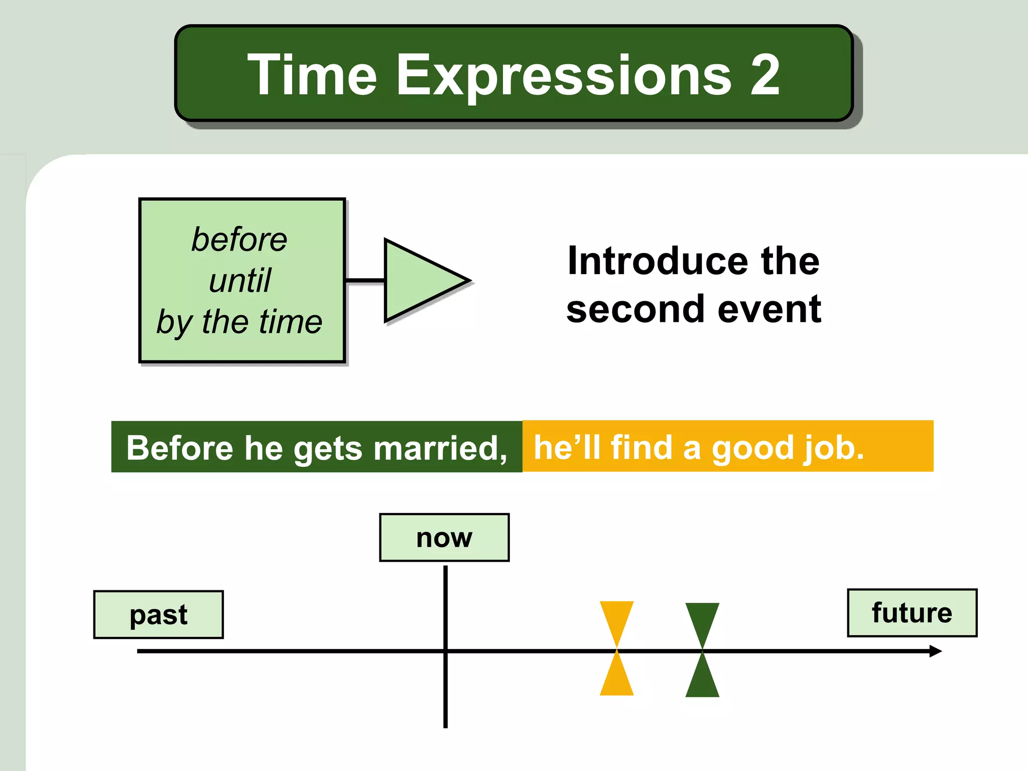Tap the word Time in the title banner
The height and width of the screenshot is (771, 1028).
coord(312,75)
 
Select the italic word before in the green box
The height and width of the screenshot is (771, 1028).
coord(239,239)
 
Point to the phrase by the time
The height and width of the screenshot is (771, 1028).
coord(239,322)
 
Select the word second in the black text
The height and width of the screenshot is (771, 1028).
coord(635,309)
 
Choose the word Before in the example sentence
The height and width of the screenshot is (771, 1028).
coord(180,448)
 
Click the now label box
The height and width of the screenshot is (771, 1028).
coord(444,538)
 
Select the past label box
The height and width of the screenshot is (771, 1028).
coord(159,614)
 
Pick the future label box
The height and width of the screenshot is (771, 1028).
coord(912,613)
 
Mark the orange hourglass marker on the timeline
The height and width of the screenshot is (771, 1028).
coord(617,648)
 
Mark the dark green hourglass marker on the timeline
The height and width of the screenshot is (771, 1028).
coord(702,650)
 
